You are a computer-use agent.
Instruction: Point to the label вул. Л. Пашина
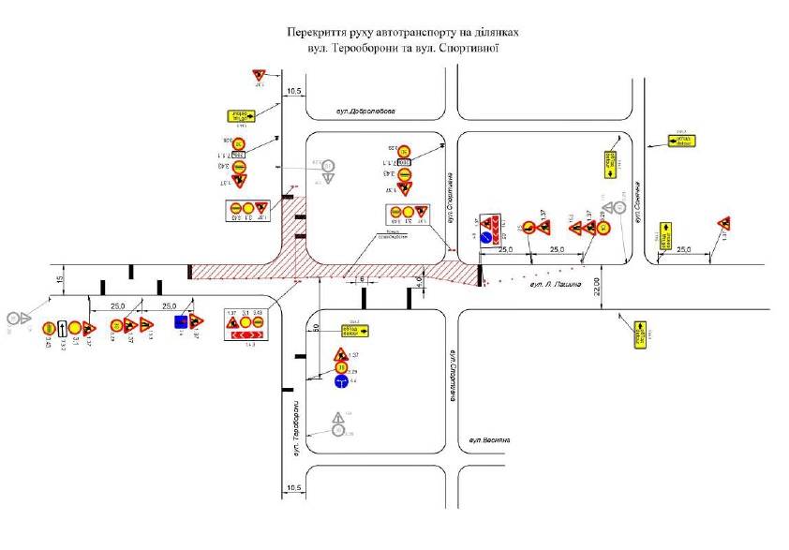[x=555, y=283]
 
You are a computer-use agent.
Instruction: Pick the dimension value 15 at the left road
[x=58, y=279]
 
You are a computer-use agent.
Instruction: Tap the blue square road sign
[x=181, y=321]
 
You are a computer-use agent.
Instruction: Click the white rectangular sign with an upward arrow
[x=62, y=328]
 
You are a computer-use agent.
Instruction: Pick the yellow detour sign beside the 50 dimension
[x=354, y=329]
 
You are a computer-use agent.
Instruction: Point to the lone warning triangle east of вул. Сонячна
[x=722, y=223]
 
